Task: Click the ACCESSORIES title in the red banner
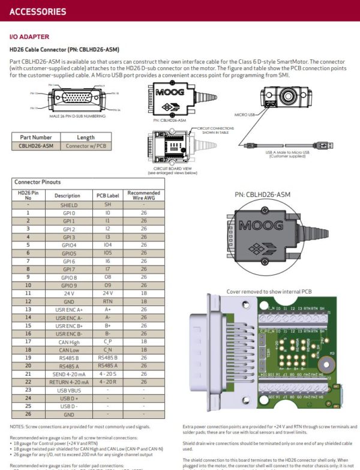38,11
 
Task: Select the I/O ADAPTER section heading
29,37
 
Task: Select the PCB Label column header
108,196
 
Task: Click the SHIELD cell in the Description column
67,205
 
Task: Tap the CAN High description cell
67,341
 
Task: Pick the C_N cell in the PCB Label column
108,349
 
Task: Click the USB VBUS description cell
67,390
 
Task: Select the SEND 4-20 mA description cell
67,373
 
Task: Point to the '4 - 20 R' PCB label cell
108,381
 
